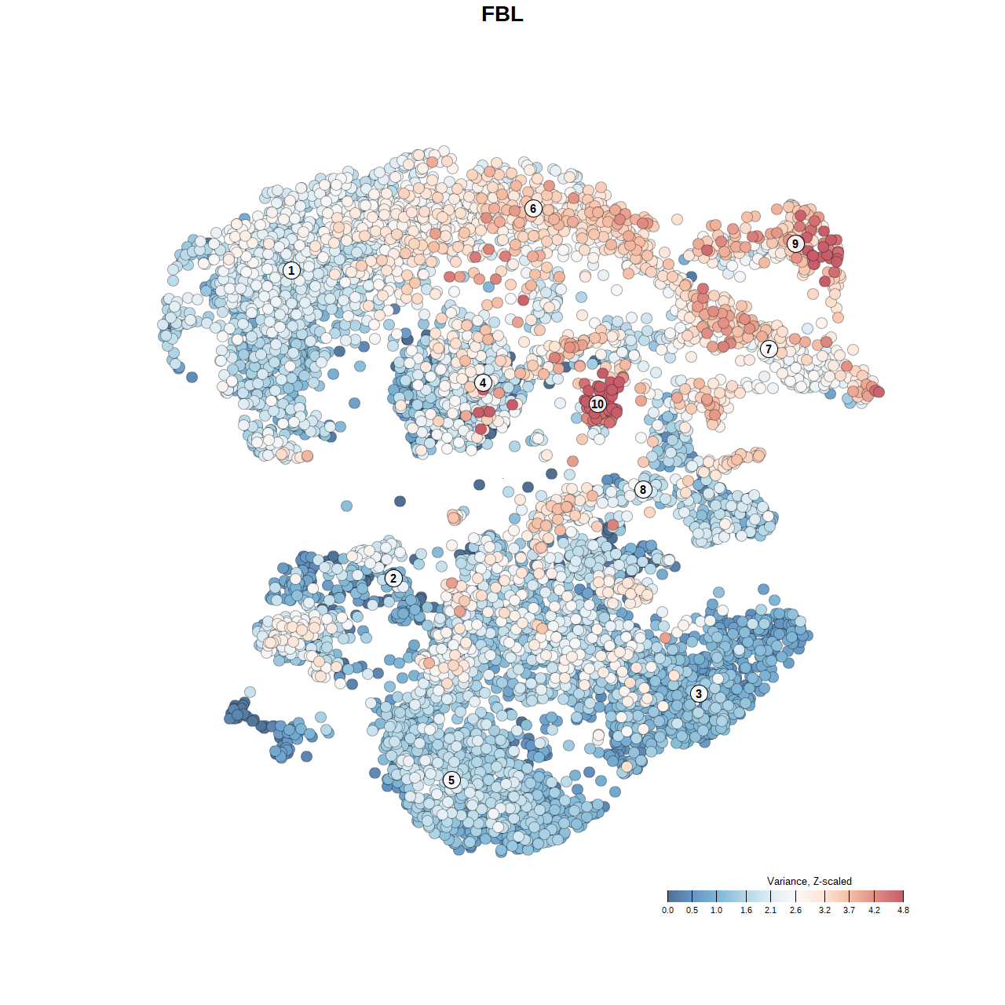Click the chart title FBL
[502, 14]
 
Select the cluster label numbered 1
[291, 271]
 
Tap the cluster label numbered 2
[393, 579]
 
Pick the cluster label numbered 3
[699, 693]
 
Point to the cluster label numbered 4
[483, 383]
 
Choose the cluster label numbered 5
[451, 780]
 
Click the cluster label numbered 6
[533, 208]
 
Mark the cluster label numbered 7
[769, 349]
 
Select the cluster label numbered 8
[643, 490]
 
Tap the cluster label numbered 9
[795, 243]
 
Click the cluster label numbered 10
[598, 404]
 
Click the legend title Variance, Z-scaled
[809, 881]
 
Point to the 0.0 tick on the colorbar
[667, 911]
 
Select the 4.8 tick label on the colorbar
[903, 911]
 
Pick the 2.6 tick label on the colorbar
[795, 911]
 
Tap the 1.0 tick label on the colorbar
[717, 911]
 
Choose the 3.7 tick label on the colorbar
[850, 911]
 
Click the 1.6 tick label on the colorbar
[746, 911]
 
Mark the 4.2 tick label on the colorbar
[874, 911]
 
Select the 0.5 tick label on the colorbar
[692, 911]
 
